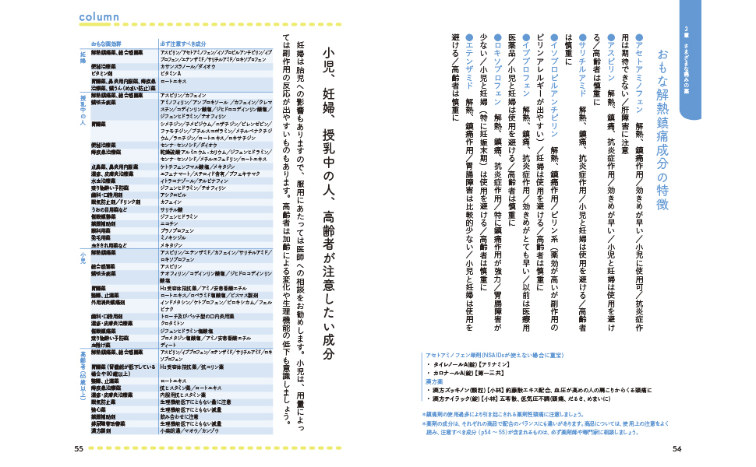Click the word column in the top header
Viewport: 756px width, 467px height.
pos(99,17)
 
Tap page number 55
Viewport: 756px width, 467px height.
pos(79,448)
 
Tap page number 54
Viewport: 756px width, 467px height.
pos(677,448)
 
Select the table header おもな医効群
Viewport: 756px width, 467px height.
pos(110,44)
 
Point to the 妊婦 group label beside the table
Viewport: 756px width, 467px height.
pos(83,59)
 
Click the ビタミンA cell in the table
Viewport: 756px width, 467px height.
pos(171,73)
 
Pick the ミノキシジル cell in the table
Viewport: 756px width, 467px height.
pos(175,236)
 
